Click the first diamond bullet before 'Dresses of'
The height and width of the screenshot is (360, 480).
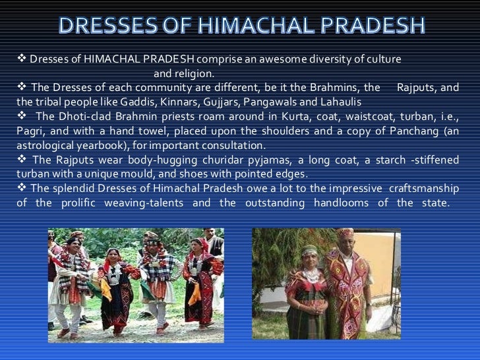click(19, 59)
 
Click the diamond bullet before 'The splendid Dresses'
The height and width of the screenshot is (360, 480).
click(19, 189)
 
